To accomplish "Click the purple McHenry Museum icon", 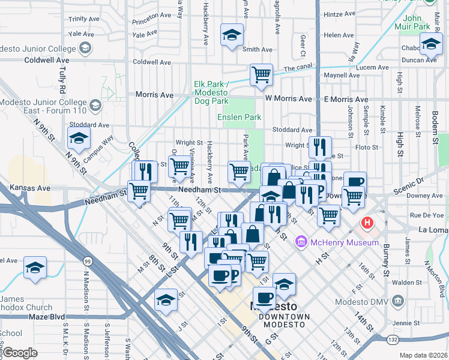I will pyautogui.click(x=301, y=242).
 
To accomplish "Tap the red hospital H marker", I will pyautogui.click(x=366, y=224).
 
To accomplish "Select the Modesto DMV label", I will pyautogui.click(x=424, y=301).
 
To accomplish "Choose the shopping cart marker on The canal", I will pyautogui.click(x=261, y=76).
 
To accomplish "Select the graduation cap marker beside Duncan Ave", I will pyautogui.click(x=431, y=44).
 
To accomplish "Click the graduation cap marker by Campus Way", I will pyautogui.click(x=79, y=139).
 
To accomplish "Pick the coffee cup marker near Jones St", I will pyautogui.click(x=354, y=182).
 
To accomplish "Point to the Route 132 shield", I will pyautogui.click(x=391, y=340).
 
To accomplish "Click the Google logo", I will pyautogui.click(x=20, y=353).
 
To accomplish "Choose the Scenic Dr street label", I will pyautogui.click(x=427, y=180).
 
